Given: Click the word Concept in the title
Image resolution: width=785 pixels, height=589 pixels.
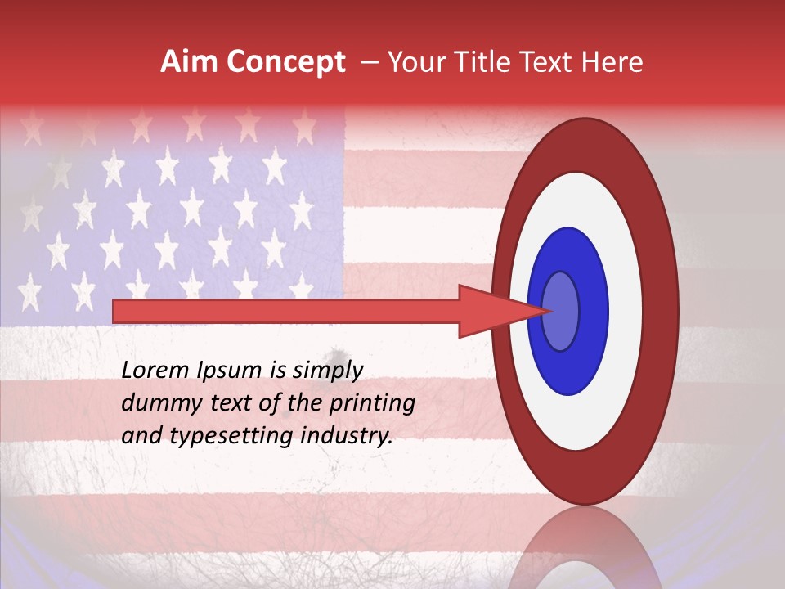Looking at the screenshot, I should [285, 62].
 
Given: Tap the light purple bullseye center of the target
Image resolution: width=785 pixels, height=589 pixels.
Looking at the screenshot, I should [561, 311].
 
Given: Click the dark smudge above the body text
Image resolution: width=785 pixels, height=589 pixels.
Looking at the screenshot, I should [334, 353].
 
